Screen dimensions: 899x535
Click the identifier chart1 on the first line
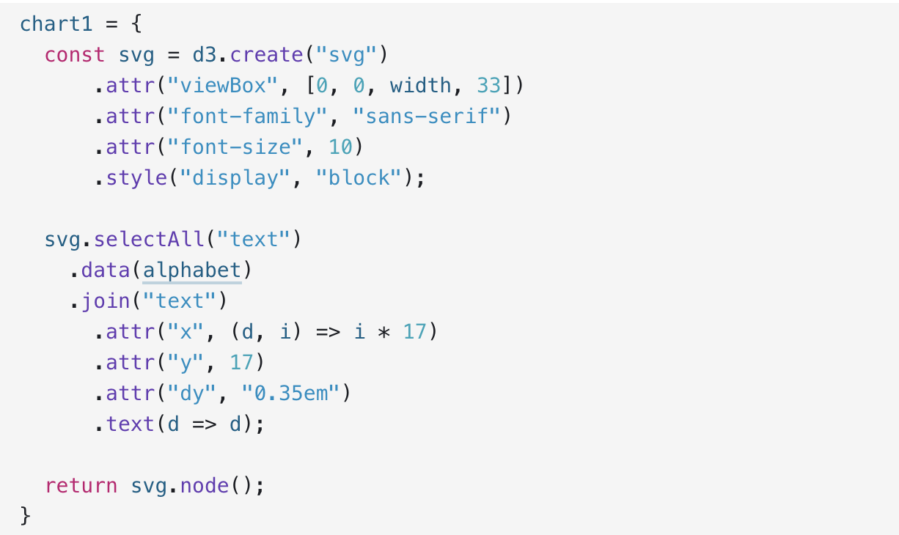(56, 24)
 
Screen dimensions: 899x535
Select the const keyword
(75, 55)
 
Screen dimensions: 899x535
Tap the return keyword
(81, 486)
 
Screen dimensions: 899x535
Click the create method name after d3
(266, 55)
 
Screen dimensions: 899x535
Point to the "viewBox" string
(223, 86)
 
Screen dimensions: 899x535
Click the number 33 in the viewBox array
(489, 86)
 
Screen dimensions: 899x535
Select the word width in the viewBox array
(420, 86)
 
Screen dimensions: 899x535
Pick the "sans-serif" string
(427, 117)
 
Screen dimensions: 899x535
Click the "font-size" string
(235, 147)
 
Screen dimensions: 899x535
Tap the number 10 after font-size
(340, 147)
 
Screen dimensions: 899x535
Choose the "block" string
(359, 177)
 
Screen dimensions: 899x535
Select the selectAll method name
(149, 240)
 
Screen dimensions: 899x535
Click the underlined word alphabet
(192, 270)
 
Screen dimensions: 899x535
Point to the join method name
(106, 301)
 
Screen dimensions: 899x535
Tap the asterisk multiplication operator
(384, 333)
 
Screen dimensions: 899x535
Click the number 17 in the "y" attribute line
(241, 363)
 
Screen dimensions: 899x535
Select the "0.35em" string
(291, 394)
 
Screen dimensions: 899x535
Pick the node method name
(205, 486)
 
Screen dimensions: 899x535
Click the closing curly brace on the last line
(25, 516)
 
